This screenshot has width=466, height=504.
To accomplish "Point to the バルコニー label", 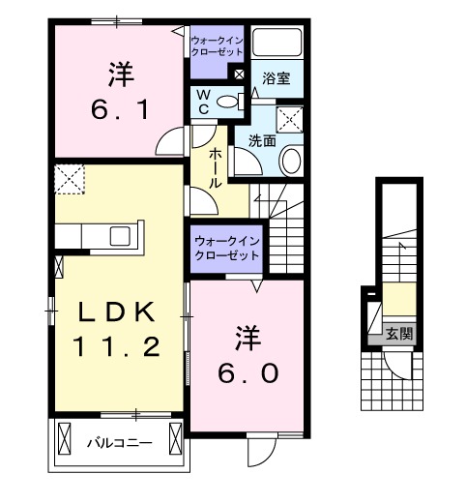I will pyautogui.click(x=118, y=443).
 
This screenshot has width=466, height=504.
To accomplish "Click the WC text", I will pyautogui.click(x=204, y=101).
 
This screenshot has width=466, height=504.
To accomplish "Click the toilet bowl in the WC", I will pyautogui.click(x=228, y=102).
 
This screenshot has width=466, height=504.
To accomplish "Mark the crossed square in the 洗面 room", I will pyautogui.click(x=290, y=119).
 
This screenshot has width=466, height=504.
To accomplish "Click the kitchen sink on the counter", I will pyautogui.click(x=123, y=236).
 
